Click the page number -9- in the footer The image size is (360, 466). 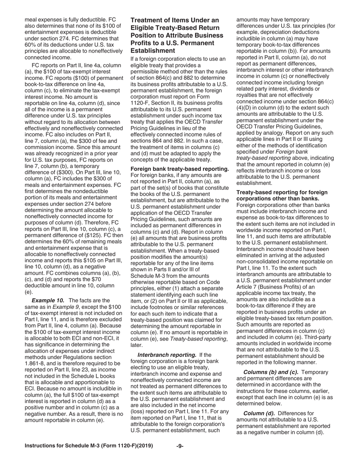click(180, 446)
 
